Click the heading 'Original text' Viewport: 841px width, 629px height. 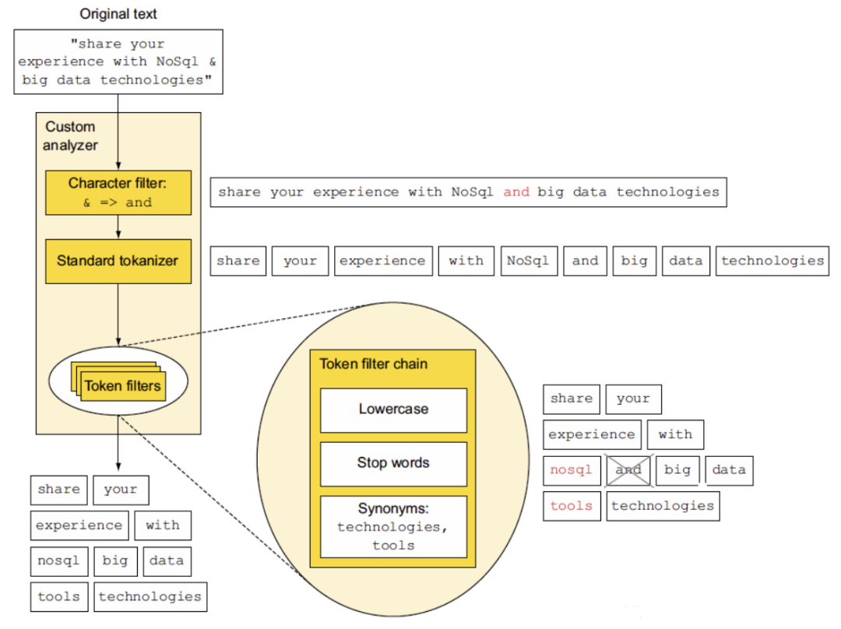(118, 14)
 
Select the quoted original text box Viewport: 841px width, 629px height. (118, 61)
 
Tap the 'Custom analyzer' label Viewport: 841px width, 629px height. (70, 135)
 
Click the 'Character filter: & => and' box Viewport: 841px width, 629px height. (118, 192)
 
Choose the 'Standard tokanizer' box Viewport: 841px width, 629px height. (118, 261)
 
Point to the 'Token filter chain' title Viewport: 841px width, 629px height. (374, 364)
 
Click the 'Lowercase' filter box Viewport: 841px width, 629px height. (394, 410)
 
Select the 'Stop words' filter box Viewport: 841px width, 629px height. (394, 464)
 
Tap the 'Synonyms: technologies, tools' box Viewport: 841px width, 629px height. (394, 526)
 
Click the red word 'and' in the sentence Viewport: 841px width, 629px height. (516, 192)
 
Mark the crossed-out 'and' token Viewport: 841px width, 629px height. (628, 470)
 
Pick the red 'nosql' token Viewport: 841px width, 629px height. (572, 470)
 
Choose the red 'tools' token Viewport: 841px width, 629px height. (572, 506)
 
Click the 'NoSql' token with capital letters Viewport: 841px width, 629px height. (529, 261)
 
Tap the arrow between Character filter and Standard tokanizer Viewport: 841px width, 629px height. (118, 227)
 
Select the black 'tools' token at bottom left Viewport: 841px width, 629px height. (59, 597)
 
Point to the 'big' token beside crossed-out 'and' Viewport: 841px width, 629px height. (677, 470)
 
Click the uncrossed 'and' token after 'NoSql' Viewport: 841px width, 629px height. (585, 261)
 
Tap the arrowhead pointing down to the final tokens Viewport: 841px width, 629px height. (118, 466)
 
